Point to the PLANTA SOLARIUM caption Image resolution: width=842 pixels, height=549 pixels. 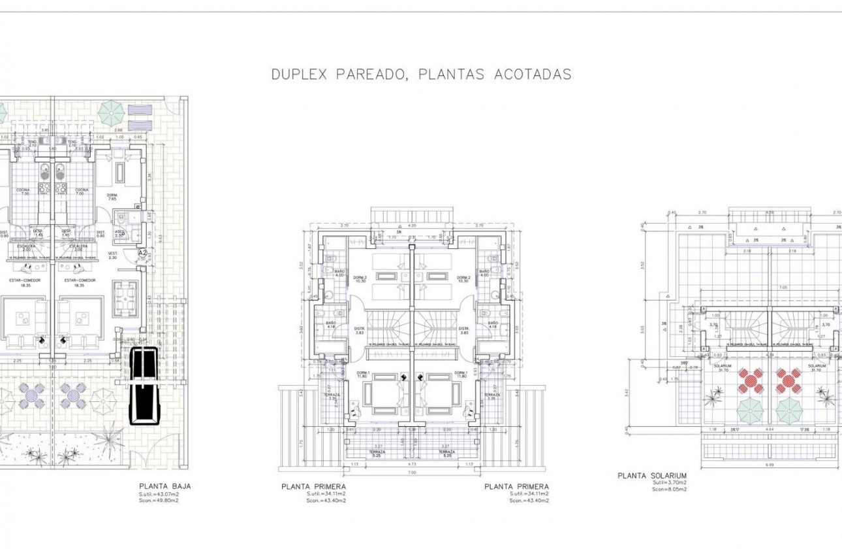[x=652, y=476]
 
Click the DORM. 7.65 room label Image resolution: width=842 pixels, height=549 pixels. [x=112, y=197]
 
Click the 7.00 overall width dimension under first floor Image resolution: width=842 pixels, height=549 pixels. [x=411, y=473]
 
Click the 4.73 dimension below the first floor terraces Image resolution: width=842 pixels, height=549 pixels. [x=413, y=465]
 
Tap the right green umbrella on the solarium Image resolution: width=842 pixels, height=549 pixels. [x=789, y=410]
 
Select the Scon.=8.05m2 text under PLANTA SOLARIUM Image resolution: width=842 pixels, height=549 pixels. [x=669, y=489]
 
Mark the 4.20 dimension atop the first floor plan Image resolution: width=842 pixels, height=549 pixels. [x=411, y=225]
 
